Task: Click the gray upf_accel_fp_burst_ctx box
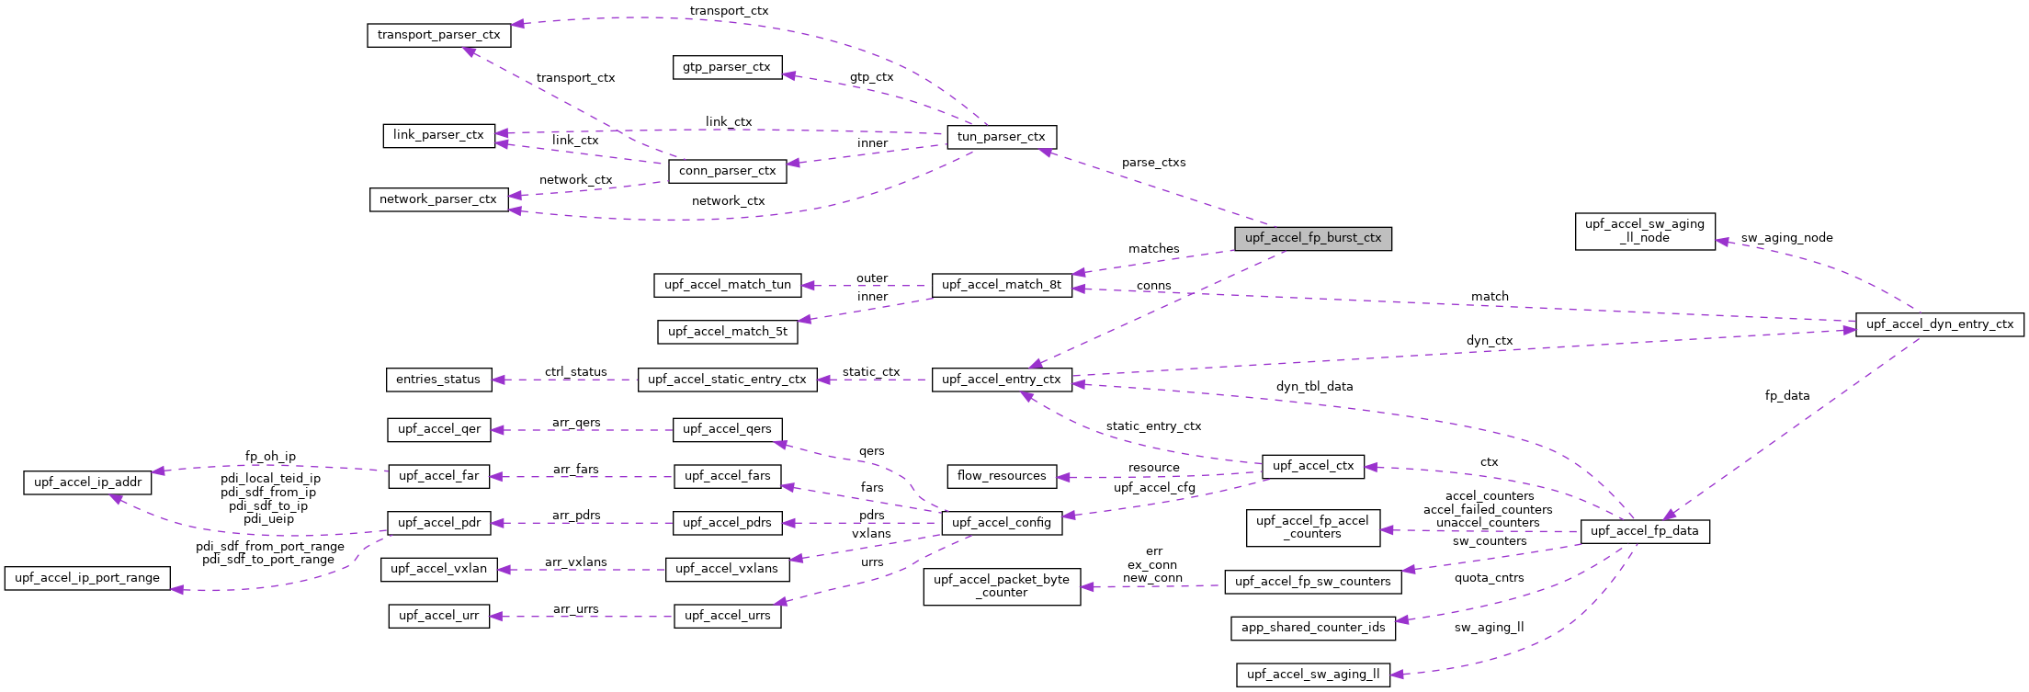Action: pos(1312,238)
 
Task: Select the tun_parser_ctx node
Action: pos(1001,137)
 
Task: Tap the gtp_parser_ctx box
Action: pos(727,67)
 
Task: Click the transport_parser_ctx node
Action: pos(438,35)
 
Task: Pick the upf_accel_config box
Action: pos(1001,523)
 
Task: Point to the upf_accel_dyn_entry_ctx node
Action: pos(1939,324)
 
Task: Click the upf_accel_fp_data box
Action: pos(1644,531)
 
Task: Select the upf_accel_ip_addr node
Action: pos(87,482)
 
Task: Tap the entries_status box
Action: pos(437,380)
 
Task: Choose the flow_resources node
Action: pos(1001,476)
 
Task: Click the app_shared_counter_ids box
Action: pos(1312,628)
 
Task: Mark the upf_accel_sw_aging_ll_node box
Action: pos(1644,231)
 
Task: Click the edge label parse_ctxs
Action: pos(1153,163)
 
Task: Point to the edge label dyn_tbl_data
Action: pos(1314,387)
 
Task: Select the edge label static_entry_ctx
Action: pos(1153,426)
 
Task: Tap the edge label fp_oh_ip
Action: pos(270,457)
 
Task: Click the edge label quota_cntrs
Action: pos(1489,578)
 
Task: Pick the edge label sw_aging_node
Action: pos(1786,238)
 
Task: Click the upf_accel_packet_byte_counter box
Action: pos(1001,586)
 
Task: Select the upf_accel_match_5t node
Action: pos(727,332)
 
